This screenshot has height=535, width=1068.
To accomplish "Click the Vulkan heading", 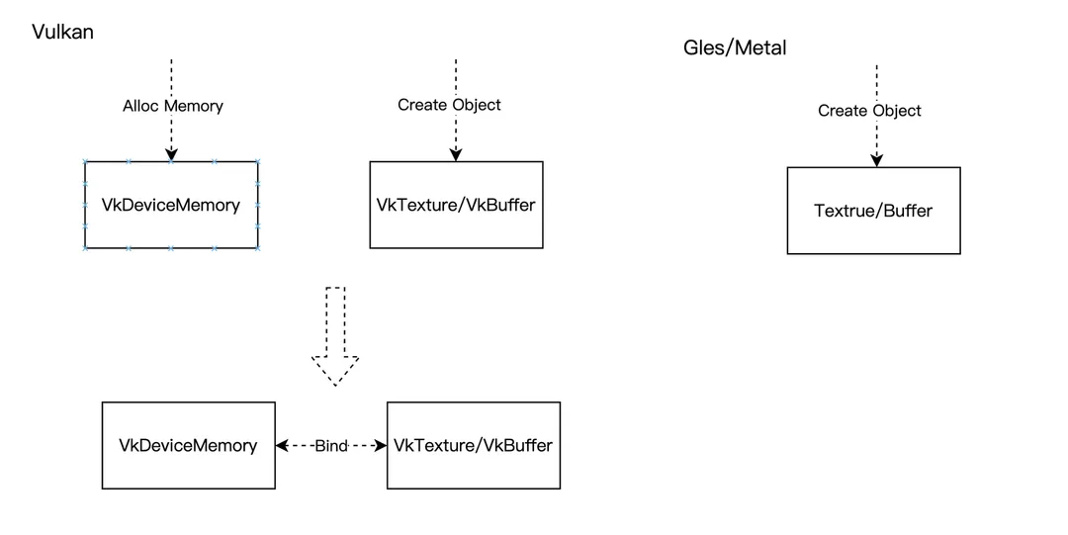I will coord(62,32).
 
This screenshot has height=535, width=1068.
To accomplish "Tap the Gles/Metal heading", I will coord(735,47).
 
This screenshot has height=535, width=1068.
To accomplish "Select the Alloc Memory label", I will coord(172,106).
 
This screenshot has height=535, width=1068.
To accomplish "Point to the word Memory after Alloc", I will coord(194,106).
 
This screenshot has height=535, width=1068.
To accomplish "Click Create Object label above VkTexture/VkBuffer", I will coord(449,105).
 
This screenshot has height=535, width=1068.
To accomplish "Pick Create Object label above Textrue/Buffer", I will coord(869,111).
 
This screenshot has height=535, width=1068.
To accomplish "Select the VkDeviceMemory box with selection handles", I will coord(171,205).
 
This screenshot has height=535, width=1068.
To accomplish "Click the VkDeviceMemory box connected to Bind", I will coord(188,445).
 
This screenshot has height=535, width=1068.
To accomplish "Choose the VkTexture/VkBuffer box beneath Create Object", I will coord(456,205).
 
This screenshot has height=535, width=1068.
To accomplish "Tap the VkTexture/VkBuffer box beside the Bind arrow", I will coord(473,445).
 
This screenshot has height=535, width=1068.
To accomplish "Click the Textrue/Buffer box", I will coord(873,211).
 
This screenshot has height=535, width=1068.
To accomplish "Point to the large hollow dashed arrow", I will coord(335,335).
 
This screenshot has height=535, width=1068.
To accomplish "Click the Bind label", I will coord(331,446).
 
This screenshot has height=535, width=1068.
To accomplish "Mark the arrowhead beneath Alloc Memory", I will coord(171,154).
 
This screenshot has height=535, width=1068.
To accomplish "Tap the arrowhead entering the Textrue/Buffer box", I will coord(875,160).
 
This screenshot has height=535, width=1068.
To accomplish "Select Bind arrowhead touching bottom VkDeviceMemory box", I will coord(283,446).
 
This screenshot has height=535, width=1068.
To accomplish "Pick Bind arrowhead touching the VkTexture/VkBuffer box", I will coord(380,446).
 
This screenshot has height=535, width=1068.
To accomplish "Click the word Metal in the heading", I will coord(761,47).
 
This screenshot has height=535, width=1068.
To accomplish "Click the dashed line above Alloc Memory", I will coord(171,75).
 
